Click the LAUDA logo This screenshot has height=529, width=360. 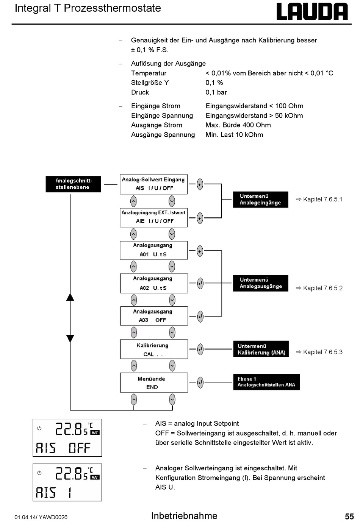(x=312, y=12)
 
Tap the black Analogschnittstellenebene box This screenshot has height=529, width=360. (x=73, y=184)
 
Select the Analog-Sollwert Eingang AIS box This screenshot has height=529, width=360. (x=153, y=184)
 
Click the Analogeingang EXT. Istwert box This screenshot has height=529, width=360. (x=153, y=217)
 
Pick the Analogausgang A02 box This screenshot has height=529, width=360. (x=154, y=283)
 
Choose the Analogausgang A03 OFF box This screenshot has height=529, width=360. (x=154, y=316)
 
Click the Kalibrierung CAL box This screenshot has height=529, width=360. (x=154, y=349)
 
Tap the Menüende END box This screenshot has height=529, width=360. (x=154, y=382)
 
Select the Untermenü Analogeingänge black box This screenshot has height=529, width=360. (x=260, y=200)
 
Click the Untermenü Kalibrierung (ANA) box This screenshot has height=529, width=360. (x=261, y=349)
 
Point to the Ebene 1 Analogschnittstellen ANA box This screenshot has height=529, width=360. (x=266, y=382)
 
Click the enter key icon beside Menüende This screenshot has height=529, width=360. (x=200, y=382)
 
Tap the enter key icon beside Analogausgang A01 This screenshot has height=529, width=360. (x=200, y=251)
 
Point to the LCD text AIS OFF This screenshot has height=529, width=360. (x=63, y=448)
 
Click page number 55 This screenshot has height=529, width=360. (x=349, y=517)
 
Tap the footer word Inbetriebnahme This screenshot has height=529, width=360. (x=184, y=516)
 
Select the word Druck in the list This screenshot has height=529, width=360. (x=140, y=92)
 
